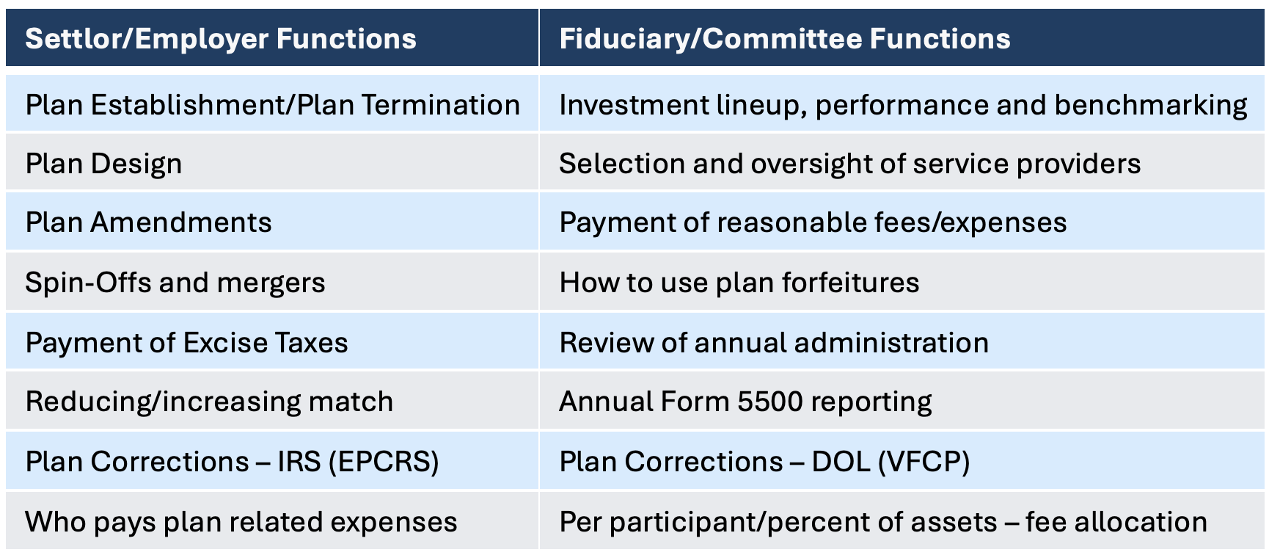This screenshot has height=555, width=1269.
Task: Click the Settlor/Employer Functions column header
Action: [221, 39]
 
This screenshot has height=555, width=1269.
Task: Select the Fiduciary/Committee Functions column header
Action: [785, 39]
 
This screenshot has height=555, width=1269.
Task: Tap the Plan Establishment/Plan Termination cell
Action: [272, 105]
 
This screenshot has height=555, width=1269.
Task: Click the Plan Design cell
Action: [103, 164]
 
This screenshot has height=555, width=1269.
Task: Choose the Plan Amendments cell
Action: [148, 222]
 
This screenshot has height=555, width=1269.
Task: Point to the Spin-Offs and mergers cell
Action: [175, 283]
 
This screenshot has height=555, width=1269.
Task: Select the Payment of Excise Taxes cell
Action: [186, 343]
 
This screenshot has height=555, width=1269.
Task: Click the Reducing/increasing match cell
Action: [209, 402]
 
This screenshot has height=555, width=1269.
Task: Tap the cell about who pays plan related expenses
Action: [241, 522]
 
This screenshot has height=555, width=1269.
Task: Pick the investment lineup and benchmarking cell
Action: [902, 105]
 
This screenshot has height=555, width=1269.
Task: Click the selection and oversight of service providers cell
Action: [849, 164]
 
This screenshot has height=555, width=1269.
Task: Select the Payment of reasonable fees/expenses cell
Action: [813, 222]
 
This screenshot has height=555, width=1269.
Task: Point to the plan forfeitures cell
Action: [739, 283]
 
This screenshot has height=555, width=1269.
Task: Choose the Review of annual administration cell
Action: [774, 343]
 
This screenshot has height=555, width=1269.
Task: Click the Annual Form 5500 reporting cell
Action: [745, 402]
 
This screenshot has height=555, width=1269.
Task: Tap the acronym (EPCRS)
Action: [384, 462]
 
